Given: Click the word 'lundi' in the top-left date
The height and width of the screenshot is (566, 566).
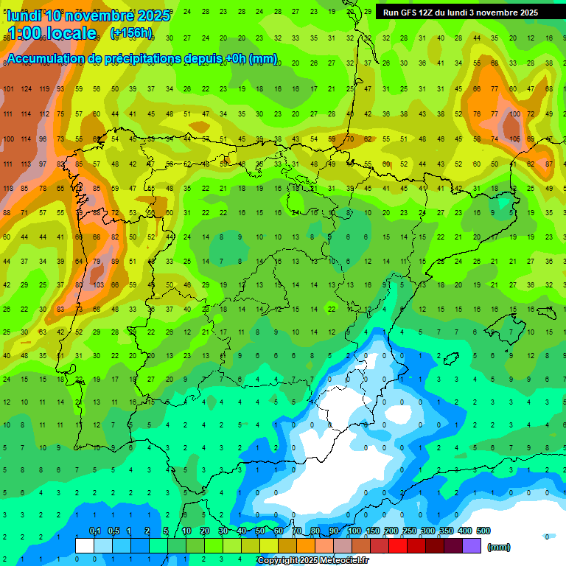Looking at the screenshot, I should coord(23,15).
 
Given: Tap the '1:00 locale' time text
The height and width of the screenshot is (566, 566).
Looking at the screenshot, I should coord(52,34).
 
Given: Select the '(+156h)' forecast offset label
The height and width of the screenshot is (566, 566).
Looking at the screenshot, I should coord(131,33).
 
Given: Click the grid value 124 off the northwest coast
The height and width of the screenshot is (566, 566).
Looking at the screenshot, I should coord(26,89).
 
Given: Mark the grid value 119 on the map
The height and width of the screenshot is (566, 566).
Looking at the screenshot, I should coord(44,89).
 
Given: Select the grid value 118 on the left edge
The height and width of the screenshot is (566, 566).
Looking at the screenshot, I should coord(8,189).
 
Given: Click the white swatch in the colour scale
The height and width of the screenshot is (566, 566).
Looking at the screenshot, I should coord(85,546).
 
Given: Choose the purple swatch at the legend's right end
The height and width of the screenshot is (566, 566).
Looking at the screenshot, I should coord(472,546).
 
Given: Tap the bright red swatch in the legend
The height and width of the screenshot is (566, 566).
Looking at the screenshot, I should coord(398,546).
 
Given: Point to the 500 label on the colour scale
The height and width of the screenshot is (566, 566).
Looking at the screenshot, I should coord(483,531).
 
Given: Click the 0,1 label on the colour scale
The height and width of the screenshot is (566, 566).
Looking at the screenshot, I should coord(94,531).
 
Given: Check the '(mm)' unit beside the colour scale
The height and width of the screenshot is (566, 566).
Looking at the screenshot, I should coord(499,547).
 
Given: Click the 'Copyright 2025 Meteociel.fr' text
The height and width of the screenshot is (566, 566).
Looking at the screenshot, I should coord(312,561).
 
